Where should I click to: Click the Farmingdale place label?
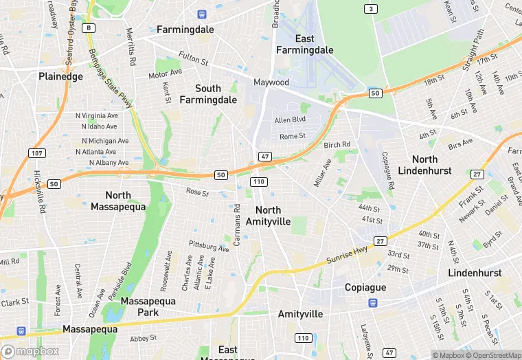click(x=185, y=30)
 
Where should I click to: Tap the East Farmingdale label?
click(x=304, y=45)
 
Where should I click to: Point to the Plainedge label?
click(x=60, y=76)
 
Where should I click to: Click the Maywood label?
click(x=271, y=82)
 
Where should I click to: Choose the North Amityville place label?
click(x=273, y=215)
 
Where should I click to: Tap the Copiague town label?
click(x=365, y=287)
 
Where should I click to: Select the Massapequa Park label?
click(x=148, y=306)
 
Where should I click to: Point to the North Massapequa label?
click(x=128, y=201)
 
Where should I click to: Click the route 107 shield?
click(x=37, y=152)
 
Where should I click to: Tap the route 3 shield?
click(x=371, y=9)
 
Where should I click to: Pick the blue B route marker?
click(x=89, y=27)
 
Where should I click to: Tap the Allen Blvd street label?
click(x=289, y=120)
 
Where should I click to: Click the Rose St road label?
click(x=197, y=192)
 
